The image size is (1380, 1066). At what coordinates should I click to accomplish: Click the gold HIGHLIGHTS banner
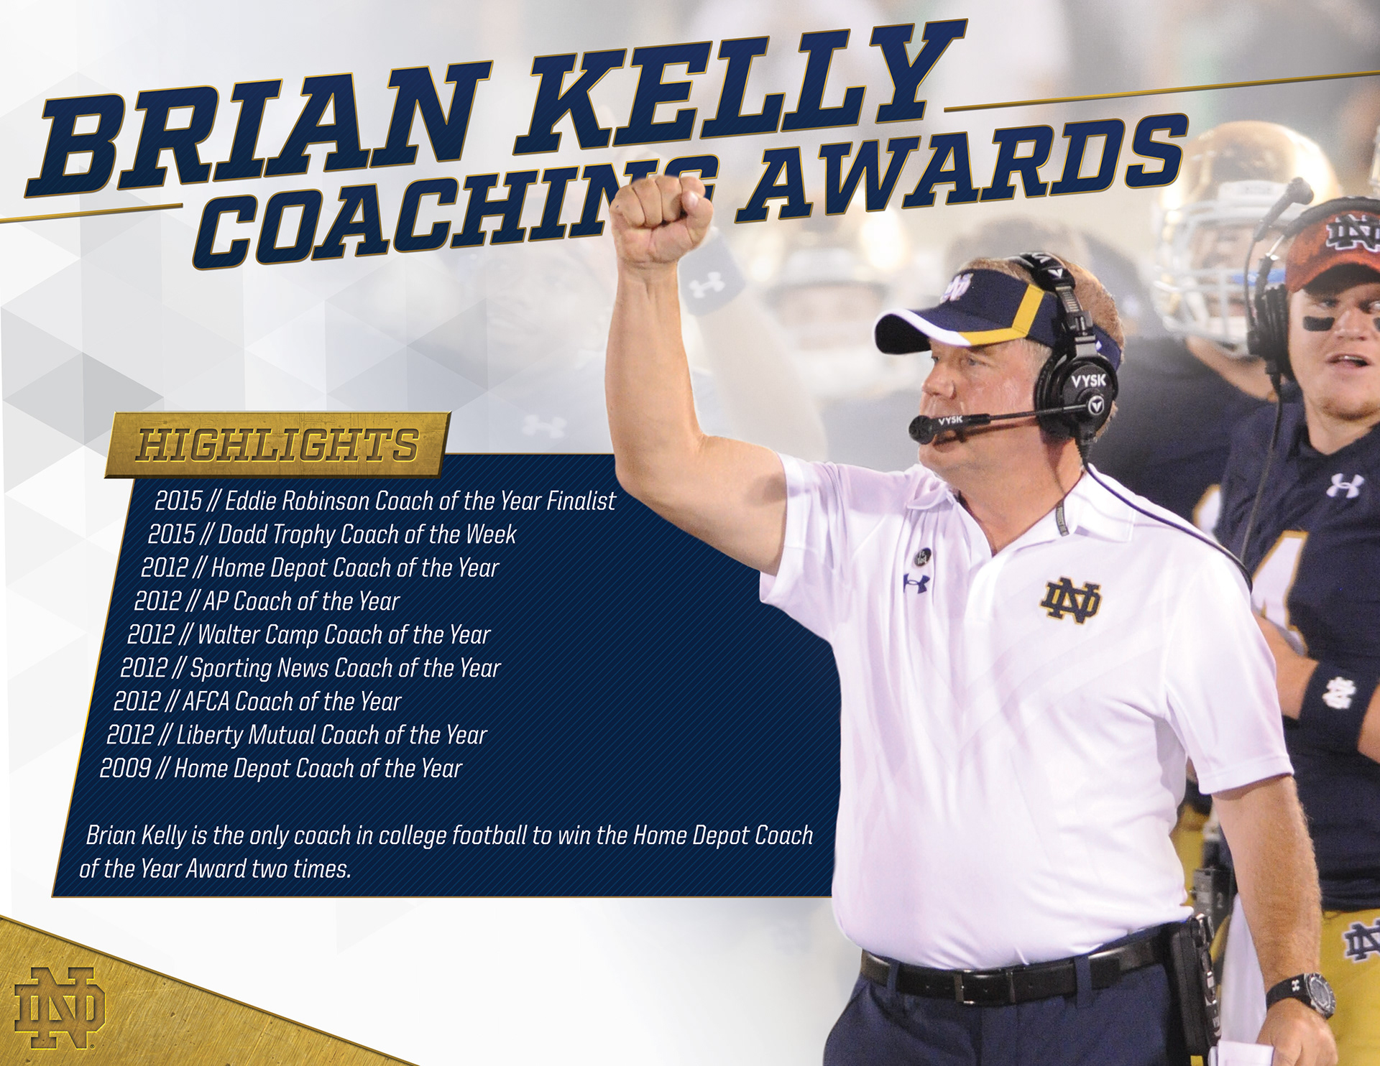[x=278, y=445]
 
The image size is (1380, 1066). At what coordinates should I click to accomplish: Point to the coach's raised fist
[x=661, y=219]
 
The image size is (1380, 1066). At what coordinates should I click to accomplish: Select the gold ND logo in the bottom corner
[x=60, y=1008]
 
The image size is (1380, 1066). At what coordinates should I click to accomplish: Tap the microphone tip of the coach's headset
[x=923, y=429]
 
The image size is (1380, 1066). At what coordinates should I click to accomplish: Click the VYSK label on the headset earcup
[x=1087, y=379]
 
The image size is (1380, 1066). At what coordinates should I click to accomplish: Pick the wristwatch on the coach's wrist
[x=1302, y=995]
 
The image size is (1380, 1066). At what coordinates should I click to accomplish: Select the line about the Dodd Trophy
[x=332, y=534]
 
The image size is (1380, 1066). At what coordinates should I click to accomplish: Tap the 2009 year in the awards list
[x=125, y=769]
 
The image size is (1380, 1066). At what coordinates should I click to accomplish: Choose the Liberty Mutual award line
[x=296, y=735]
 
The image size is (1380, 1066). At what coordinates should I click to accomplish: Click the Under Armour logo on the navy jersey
[x=1345, y=486]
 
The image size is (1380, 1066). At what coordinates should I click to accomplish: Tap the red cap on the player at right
[x=1333, y=244]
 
